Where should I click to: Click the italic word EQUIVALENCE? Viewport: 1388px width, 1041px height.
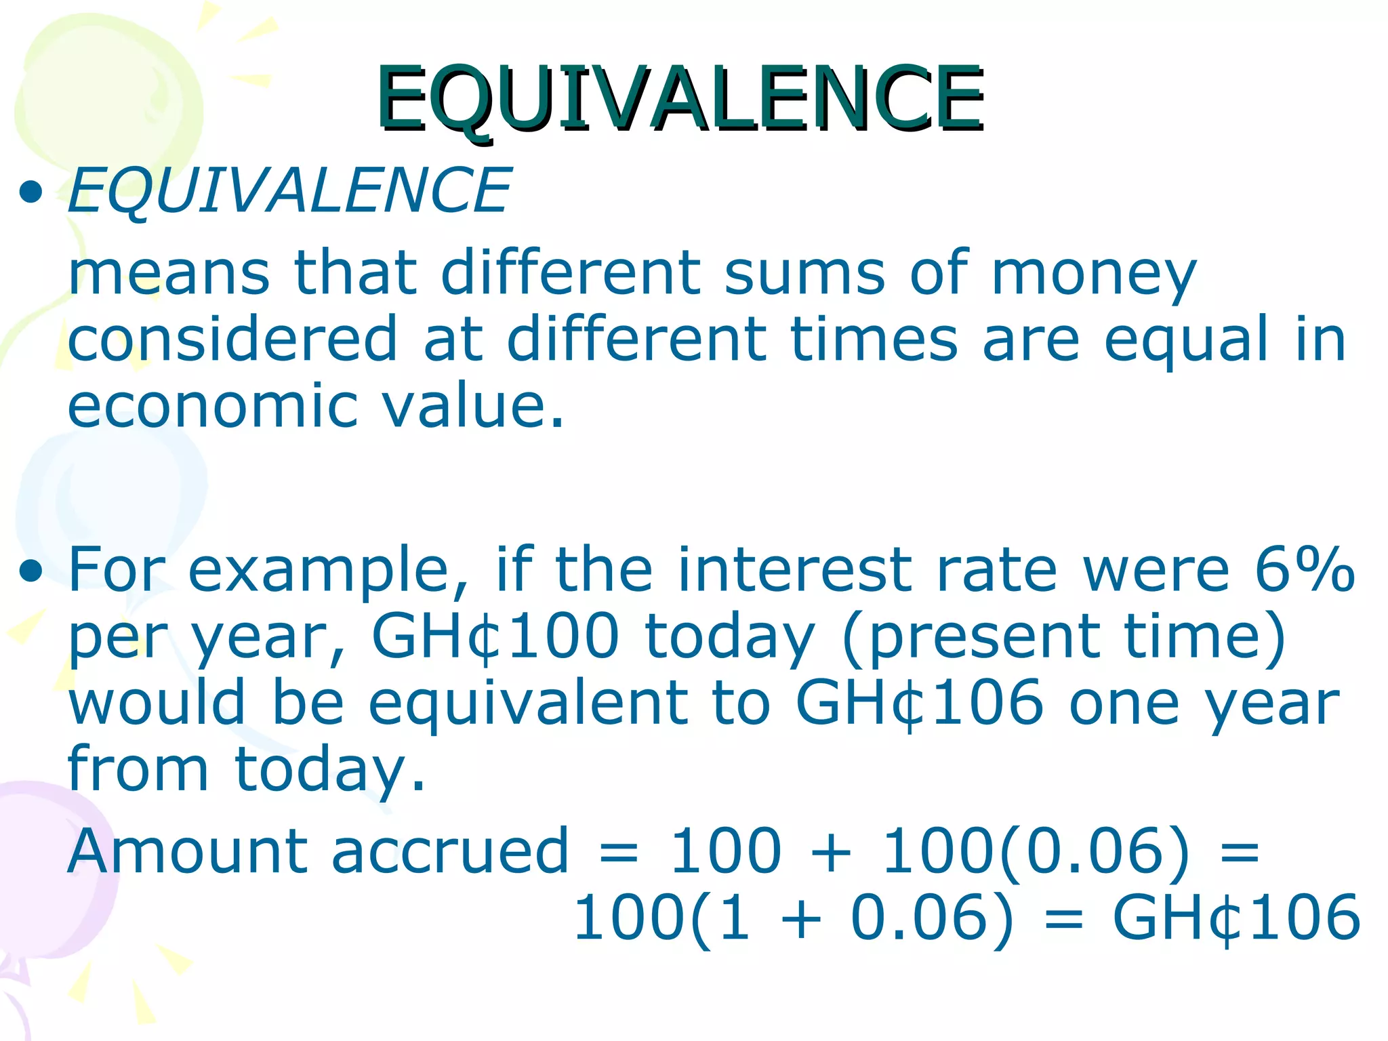pos(289,191)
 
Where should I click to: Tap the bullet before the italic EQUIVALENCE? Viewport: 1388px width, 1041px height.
pos(31,192)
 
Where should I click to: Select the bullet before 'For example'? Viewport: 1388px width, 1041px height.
pos(31,571)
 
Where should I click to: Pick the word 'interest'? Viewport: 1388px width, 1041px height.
pos(800,569)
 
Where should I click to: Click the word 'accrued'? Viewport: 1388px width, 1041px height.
pos(450,851)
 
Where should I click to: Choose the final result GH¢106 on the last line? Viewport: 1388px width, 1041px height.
pos(1236,918)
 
